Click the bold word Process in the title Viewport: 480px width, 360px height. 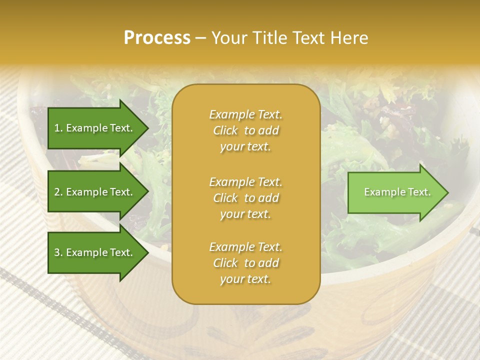(157, 38)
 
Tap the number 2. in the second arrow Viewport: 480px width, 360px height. (58, 192)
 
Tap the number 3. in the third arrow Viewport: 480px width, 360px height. (58, 252)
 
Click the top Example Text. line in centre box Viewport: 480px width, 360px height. (245, 114)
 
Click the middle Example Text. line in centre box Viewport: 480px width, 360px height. (245, 182)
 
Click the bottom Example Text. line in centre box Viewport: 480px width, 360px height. (245, 247)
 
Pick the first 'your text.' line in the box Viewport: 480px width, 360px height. (245, 147)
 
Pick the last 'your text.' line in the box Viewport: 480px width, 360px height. (245, 279)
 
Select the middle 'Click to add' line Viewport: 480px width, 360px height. (245, 198)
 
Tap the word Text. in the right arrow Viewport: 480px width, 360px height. (418, 192)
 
